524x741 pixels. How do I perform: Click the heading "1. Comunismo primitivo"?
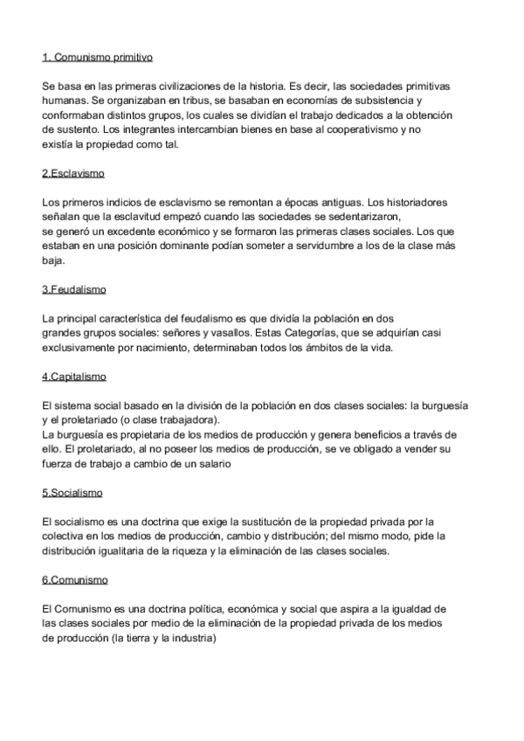click(x=97, y=58)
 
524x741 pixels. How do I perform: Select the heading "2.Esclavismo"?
click(x=73, y=174)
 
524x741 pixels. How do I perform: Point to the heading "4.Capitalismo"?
click(x=74, y=377)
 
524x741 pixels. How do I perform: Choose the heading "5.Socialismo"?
click(x=72, y=493)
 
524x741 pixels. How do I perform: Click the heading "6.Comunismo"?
click(x=75, y=580)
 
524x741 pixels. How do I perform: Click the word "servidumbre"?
click(x=313, y=246)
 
